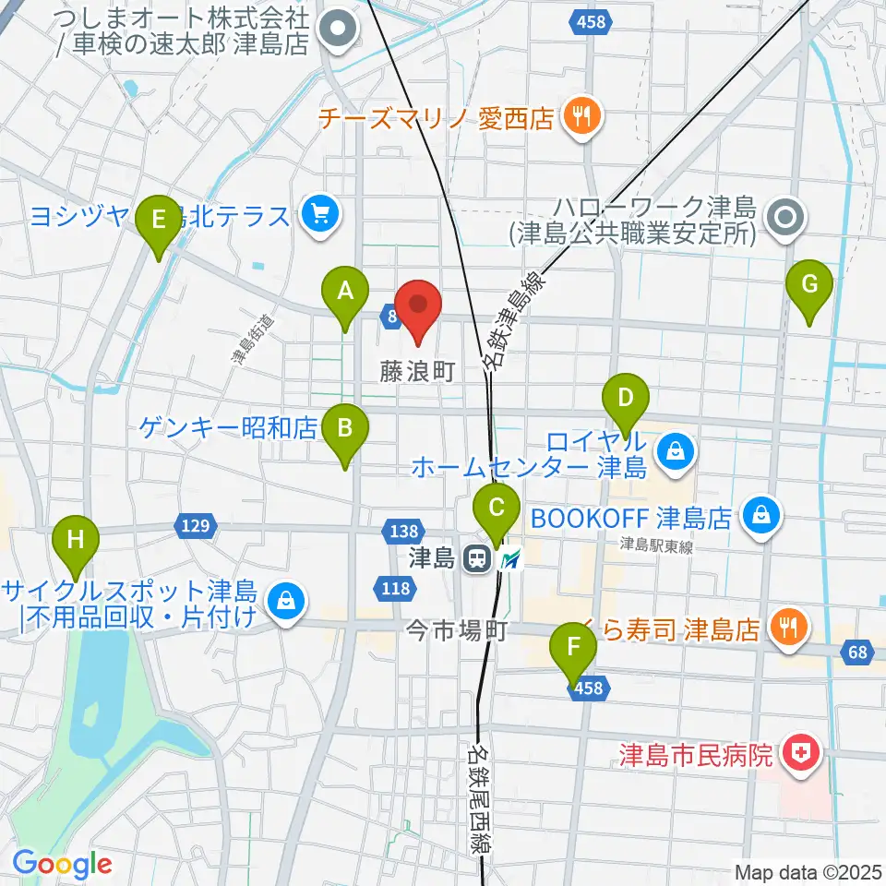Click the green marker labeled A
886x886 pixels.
pyautogui.click(x=345, y=293)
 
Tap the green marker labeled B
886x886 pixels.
pyautogui.click(x=345, y=429)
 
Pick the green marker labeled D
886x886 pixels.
pyautogui.click(x=626, y=401)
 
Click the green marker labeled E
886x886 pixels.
pyautogui.click(x=158, y=221)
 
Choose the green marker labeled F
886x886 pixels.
pyautogui.click(x=574, y=648)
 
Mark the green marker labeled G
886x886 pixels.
pyautogui.click(x=809, y=286)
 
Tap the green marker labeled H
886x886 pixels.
pyautogui.click(x=76, y=540)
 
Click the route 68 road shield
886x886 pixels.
pyautogui.click(x=857, y=653)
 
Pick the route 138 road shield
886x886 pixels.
pyautogui.click(x=404, y=531)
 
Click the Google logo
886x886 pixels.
pyautogui.click(x=62, y=864)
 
